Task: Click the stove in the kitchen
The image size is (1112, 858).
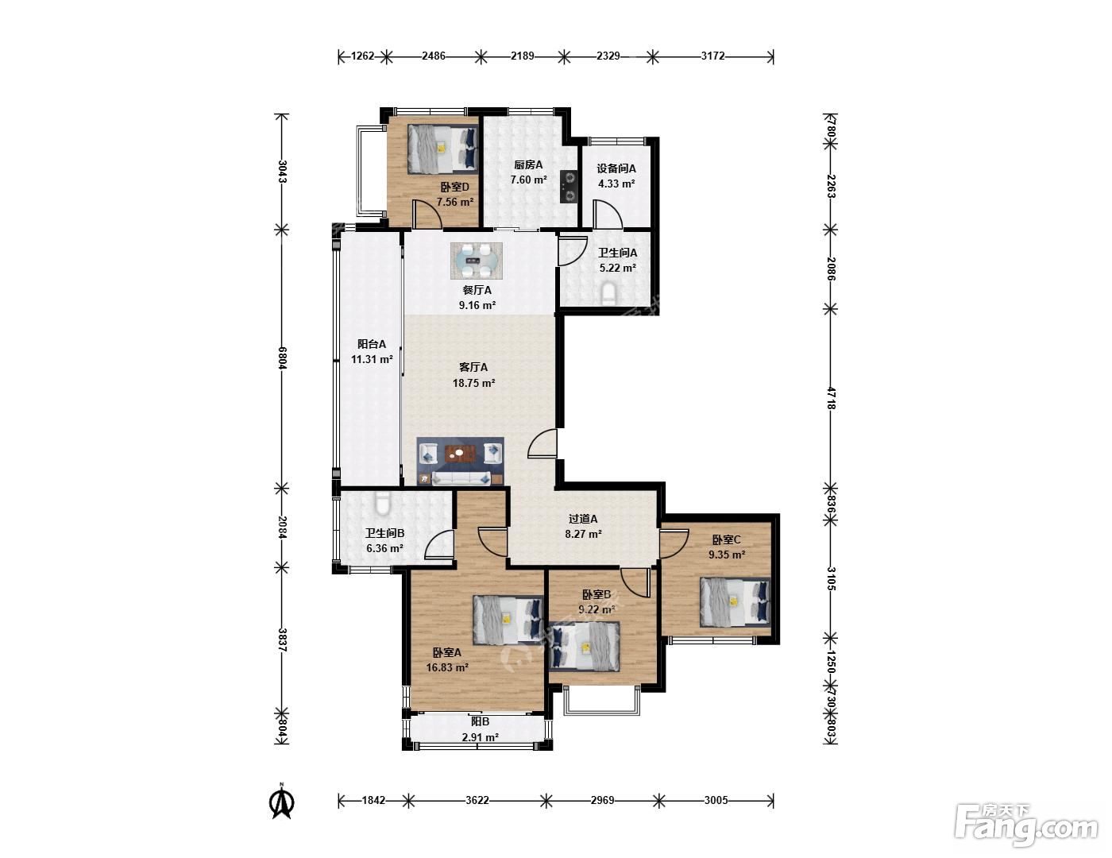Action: (x=569, y=186)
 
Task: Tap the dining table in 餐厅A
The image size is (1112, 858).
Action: (x=476, y=261)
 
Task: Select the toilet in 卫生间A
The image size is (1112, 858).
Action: (x=608, y=295)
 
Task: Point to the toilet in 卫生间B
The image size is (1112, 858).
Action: (x=382, y=504)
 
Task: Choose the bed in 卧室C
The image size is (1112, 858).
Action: (x=735, y=601)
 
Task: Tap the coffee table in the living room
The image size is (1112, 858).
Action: (x=461, y=454)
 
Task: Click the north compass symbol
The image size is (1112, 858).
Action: (x=282, y=802)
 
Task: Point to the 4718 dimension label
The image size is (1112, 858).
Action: (x=831, y=398)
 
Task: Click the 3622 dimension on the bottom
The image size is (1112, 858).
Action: (x=477, y=800)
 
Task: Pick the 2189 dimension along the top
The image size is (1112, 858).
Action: (x=523, y=56)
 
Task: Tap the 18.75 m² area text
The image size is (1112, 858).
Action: (x=474, y=383)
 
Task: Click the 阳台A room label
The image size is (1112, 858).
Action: (x=372, y=344)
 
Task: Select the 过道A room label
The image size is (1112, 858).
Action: (x=583, y=519)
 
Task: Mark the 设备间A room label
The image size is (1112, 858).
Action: (x=616, y=168)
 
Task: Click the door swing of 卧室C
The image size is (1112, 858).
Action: (x=674, y=545)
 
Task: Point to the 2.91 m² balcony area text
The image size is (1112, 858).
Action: (x=480, y=737)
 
